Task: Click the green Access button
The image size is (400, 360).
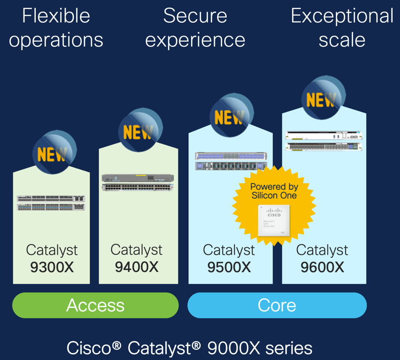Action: point(95,305)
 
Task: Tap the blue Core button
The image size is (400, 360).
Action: point(277,305)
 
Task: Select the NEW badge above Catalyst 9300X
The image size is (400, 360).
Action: point(53,153)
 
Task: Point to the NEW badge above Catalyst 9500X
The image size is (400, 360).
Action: point(230,116)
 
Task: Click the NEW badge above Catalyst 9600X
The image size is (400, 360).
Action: point(322,98)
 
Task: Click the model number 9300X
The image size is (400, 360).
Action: point(52,267)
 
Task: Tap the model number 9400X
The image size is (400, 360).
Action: point(137,267)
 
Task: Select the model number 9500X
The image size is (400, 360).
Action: point(229,267)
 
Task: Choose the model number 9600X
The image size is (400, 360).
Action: point(322,267)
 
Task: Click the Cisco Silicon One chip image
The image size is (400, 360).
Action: point(274,220)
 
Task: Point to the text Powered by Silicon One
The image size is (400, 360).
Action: point(274,191)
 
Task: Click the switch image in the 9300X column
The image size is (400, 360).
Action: point(51,203)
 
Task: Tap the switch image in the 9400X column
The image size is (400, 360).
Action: point(138,182)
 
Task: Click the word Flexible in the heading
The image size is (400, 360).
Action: point(56,16)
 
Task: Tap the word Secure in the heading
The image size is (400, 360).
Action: point(195,16)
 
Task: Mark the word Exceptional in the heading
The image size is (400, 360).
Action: point(342,16)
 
